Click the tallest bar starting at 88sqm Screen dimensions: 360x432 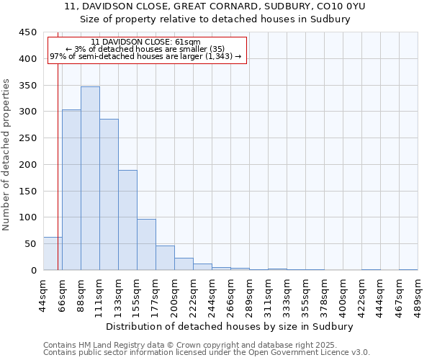click(x=90, y=179)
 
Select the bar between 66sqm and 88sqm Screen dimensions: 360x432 click(x=71, y=190)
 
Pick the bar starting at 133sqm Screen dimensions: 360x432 click(x=127, y=220)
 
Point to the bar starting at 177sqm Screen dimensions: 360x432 click(x=165, y=258)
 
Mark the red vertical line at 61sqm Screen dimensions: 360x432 click(x=58, y=158)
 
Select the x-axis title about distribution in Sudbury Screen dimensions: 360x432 click(x=234, y=326)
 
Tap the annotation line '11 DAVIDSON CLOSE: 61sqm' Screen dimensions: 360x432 click(x=146, y=42)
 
